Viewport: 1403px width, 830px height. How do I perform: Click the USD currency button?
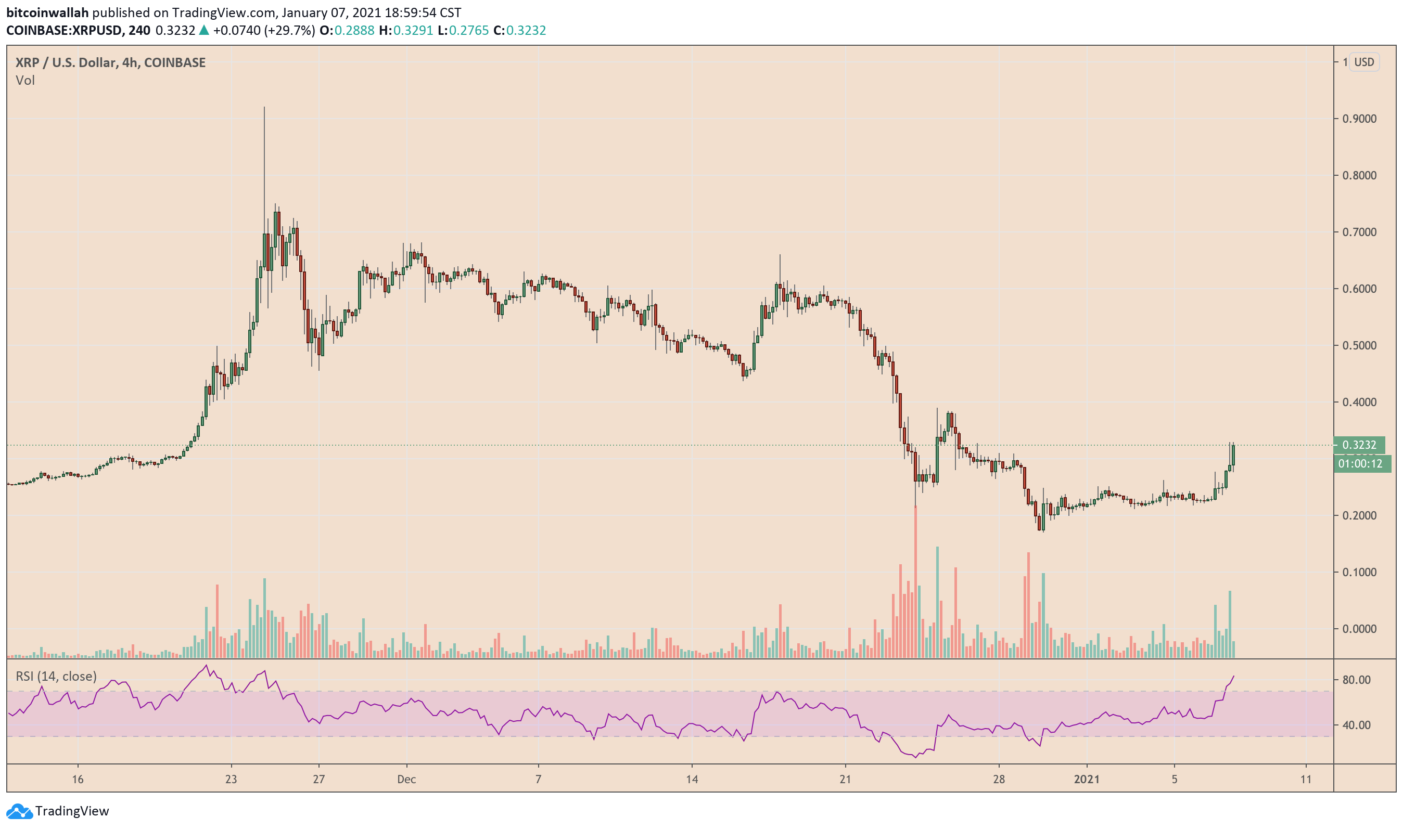pos(1363,62)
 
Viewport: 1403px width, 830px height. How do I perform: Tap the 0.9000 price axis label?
pos(1359,119)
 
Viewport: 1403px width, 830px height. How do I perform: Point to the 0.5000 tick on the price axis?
pos(1359,346)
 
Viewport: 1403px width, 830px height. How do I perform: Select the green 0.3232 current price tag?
pos(1359,445)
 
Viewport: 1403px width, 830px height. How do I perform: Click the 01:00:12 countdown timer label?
pos(1360,464)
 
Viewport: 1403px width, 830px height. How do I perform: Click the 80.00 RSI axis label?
pos(1356,680)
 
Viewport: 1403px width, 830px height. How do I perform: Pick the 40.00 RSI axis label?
pos(1356,725)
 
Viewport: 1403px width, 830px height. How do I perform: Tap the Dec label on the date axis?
pos(406,780)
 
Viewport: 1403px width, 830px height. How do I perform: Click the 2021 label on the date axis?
pos(1086,780)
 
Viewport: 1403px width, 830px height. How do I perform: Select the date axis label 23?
pos(231,780)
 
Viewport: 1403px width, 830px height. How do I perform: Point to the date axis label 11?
pos(1306,780)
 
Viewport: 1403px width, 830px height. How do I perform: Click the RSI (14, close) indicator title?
pos(56,677)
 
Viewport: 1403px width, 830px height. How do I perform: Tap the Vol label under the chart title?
pos(25,81)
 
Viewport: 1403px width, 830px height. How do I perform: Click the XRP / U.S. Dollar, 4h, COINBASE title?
pos(110,62)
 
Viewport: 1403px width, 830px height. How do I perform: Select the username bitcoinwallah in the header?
pos(47,12)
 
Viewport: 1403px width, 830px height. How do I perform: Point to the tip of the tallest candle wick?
pos(264,107)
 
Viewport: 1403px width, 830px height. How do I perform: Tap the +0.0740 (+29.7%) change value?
pos(263,30)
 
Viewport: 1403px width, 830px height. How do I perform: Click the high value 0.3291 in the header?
pos(413,30)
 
